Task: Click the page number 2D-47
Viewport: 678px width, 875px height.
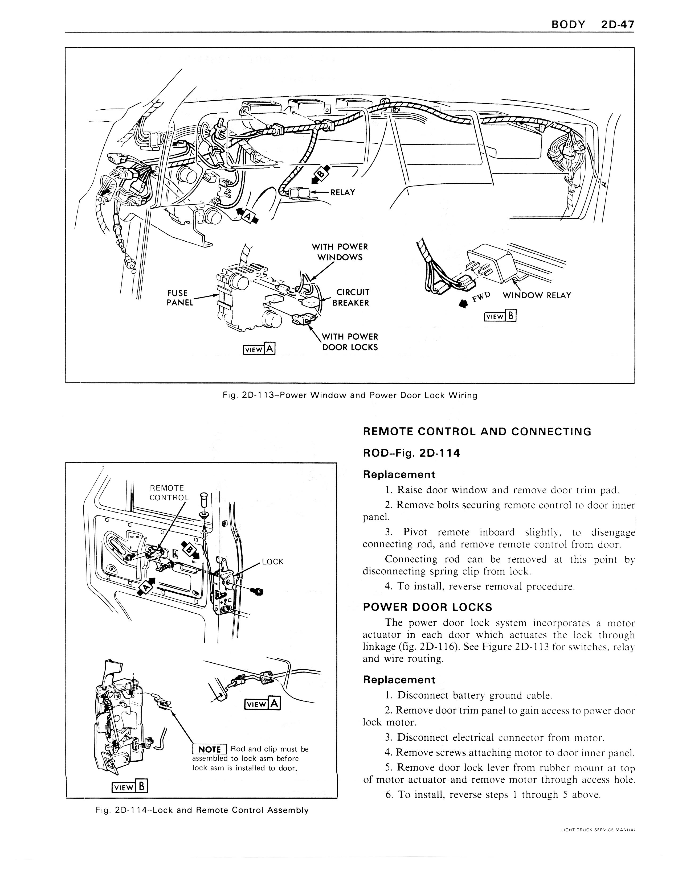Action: (x=618, y=24)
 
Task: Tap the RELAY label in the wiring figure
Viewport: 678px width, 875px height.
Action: (x=342, y=192)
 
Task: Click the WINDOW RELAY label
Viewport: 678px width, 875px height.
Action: (x=537, y=295)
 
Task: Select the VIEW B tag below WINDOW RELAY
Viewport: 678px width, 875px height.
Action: (x=500, y=316)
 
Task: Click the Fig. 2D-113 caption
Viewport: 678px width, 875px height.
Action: (x=350, y=395)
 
